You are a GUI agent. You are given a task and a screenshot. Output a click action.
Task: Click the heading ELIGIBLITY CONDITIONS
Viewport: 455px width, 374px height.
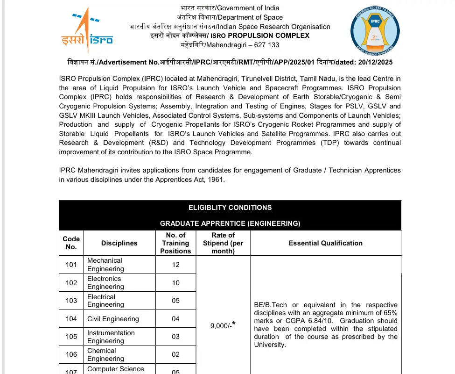pos(230,208)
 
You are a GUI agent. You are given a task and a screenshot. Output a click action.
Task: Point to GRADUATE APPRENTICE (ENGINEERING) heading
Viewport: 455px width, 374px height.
pos(230,223)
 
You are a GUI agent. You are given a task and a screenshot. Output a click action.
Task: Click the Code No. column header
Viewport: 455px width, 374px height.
pos(71,243)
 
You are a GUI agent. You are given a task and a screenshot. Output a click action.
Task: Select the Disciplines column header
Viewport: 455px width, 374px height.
pos(119,243)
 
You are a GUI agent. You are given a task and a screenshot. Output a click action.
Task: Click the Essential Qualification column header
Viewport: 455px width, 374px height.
pos(325,243)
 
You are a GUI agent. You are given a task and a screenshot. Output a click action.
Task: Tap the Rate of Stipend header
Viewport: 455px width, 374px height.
pos(223,243)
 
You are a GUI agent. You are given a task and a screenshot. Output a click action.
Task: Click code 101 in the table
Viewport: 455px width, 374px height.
pos(71,265)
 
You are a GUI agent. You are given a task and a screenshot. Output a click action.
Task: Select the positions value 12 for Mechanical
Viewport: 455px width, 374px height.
pos(175,265)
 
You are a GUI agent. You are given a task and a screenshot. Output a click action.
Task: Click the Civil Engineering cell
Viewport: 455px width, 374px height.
pos(113,319)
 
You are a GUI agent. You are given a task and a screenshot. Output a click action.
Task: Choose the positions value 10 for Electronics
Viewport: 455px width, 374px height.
pos(175,282)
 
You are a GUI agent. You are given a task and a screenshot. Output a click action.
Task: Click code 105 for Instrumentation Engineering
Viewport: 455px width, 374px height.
pos(71,337)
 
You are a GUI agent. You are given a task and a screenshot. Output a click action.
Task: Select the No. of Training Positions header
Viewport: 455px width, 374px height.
pos(175,243)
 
